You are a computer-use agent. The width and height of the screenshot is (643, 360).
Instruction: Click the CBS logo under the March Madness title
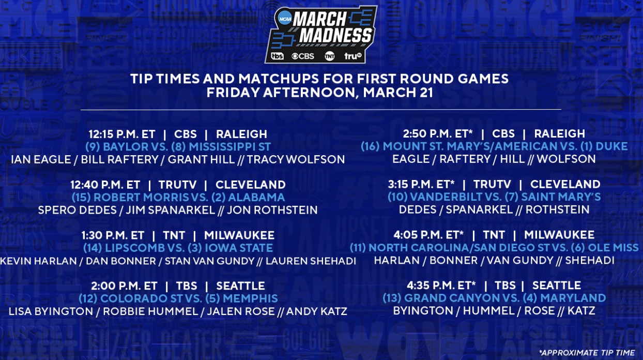click(x=303, y=56)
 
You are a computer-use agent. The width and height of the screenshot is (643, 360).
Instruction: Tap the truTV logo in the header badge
click(x=353, y=56)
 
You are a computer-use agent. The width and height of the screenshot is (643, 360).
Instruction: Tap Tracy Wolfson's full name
click(x=296, y=159)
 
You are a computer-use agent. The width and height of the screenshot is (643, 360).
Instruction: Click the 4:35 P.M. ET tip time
click(x=441, y=286)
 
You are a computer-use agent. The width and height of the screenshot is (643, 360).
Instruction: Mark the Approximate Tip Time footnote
click(x=587, y=353)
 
